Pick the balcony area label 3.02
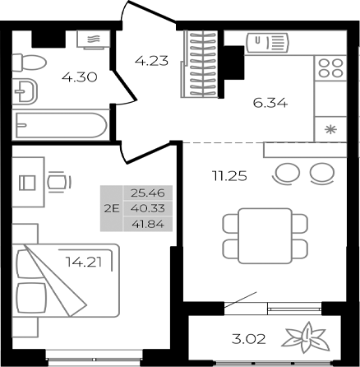click(248, 338)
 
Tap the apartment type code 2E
click(112, 209)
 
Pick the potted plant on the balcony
click(302, 338)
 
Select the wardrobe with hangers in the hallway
click(199, 65)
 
